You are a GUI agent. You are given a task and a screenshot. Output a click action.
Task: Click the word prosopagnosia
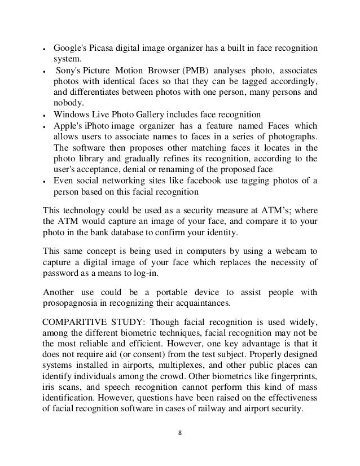point(73,305)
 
